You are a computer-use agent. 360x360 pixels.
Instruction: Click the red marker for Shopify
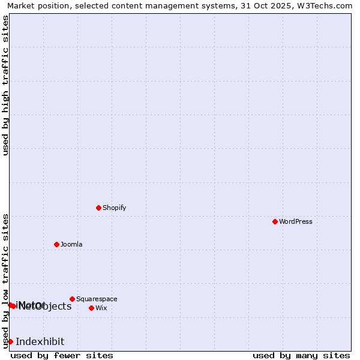click(98, 208)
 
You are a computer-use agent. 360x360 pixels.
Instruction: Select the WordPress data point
click(275, 221)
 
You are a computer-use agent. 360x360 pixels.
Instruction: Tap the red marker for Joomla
click(56, 244)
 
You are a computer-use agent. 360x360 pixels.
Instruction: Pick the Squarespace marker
click(72, 299)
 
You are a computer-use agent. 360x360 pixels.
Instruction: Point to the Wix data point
click(91, 308)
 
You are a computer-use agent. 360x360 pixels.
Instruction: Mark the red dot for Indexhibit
click(10, 341)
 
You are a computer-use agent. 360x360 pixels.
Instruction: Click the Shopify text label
click(114, 208)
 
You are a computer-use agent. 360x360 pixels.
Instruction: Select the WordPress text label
click(295, 221)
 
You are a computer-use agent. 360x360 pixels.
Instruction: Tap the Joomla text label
click(71, 244)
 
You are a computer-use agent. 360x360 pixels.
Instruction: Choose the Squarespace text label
click(97, 299)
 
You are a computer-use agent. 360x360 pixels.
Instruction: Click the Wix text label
click(101, 308)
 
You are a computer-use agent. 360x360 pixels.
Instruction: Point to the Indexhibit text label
click(40, 341)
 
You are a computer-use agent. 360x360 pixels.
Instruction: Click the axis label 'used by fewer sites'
click(62, 355)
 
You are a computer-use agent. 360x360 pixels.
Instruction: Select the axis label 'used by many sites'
click(301, 355)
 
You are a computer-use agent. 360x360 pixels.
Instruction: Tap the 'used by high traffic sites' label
click(5, 85)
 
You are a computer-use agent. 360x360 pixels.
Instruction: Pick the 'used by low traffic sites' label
click(5, 280)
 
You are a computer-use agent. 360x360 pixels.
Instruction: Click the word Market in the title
click(22, 5)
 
